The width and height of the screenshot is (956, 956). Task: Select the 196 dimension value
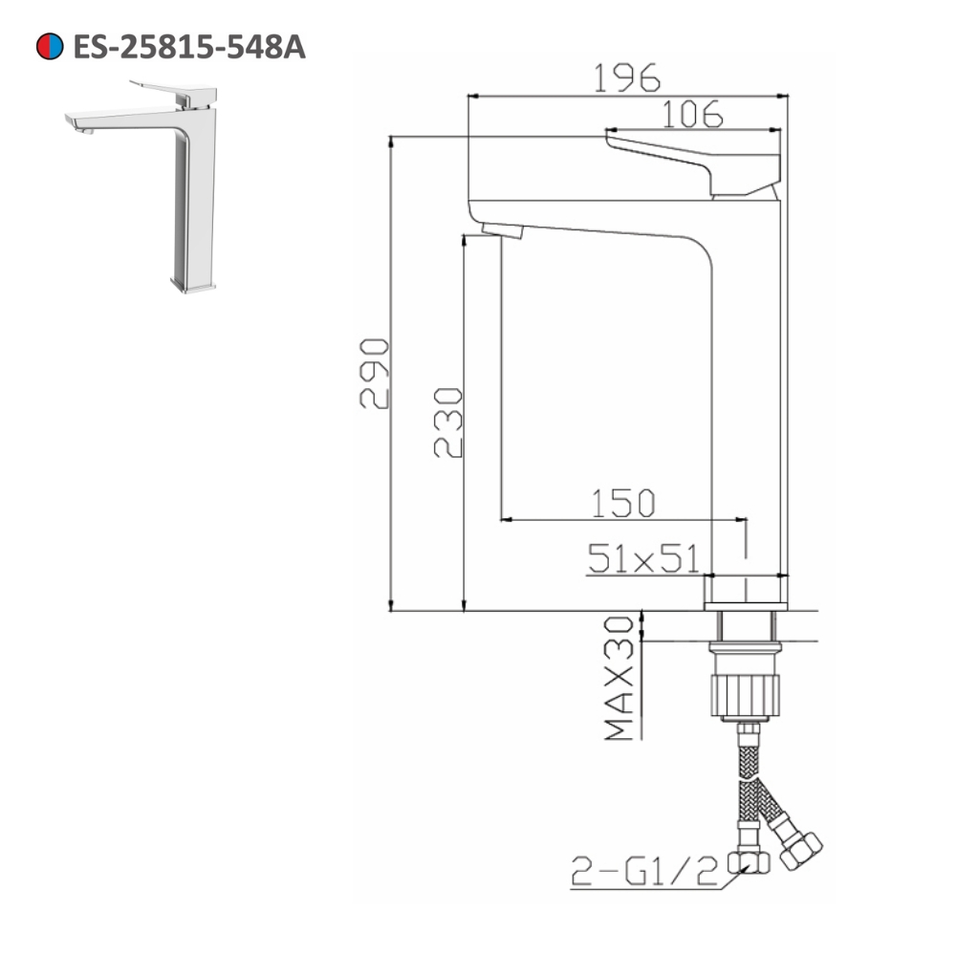(627, 77)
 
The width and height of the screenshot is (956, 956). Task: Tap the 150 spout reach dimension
(622, 502)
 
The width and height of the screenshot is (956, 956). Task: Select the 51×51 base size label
(644, 559)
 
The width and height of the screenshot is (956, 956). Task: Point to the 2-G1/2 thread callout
(643, 871)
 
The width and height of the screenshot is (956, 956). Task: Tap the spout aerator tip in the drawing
(503, 230)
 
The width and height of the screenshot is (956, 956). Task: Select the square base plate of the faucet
(747, 592)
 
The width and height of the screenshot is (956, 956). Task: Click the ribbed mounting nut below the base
(745, 693)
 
